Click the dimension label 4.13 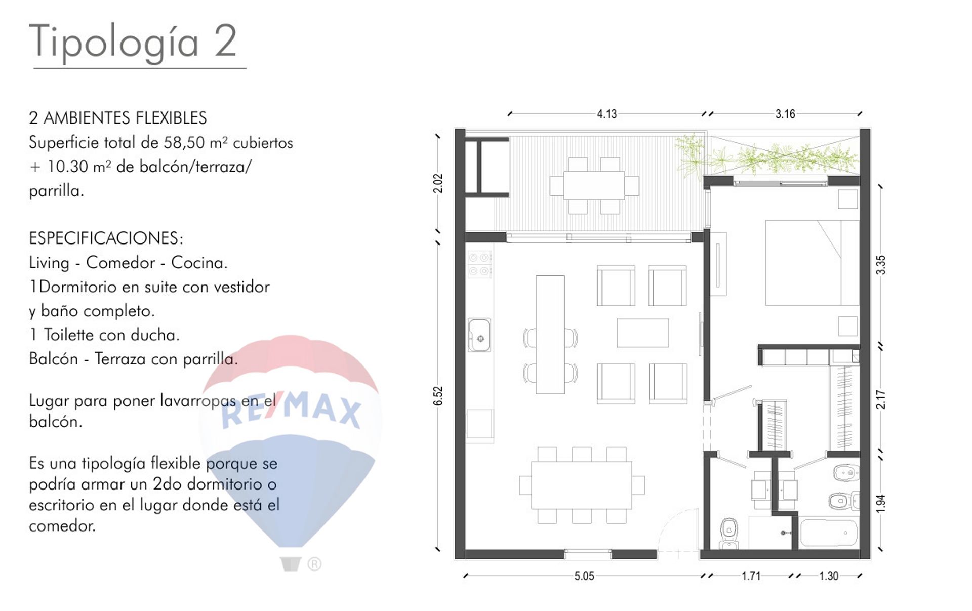click(606, 114)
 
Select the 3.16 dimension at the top click(785, 114)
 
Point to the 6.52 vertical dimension click(438, 396)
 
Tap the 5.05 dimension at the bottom click(584, 576)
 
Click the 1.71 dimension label click(751, 576)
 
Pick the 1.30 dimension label click(829, 576)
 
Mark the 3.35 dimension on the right click(881, 265)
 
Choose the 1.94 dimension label click(881, 503)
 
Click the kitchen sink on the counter click(479, 335)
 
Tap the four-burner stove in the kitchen click(479, 264)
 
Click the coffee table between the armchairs click(642, 333)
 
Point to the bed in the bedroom click(812, 263)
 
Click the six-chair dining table click(582, 485)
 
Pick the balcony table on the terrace click(594, 186)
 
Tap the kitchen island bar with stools click(550, 335)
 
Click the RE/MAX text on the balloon click(291, 409)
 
